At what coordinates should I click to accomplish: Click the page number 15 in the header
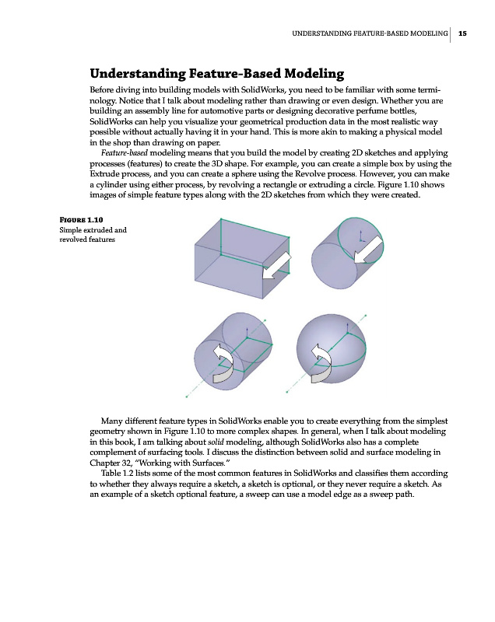(462, 33)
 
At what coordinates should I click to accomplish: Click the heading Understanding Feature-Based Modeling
(217, 74)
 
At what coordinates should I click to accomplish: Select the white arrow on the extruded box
(276, 265)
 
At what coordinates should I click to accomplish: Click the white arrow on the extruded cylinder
(373, 250)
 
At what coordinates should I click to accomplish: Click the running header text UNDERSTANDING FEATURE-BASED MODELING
(370, 33)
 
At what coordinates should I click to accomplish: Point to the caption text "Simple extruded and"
(93, 230)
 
